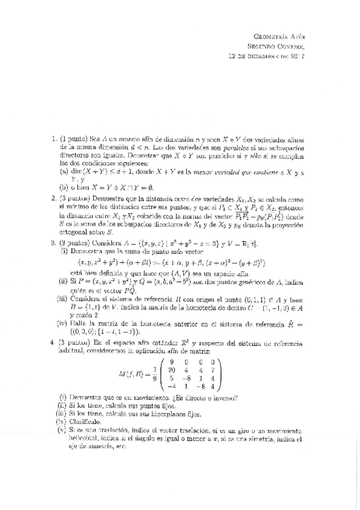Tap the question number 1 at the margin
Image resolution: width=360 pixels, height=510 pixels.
coord(54,138)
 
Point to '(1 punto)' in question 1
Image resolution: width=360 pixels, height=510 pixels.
coord(74,138)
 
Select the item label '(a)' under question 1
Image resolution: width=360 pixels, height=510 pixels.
coord(64,171)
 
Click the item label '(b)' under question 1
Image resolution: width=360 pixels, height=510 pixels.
coord(64,187)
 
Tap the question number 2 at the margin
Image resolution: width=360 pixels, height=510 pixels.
coord(54,197)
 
